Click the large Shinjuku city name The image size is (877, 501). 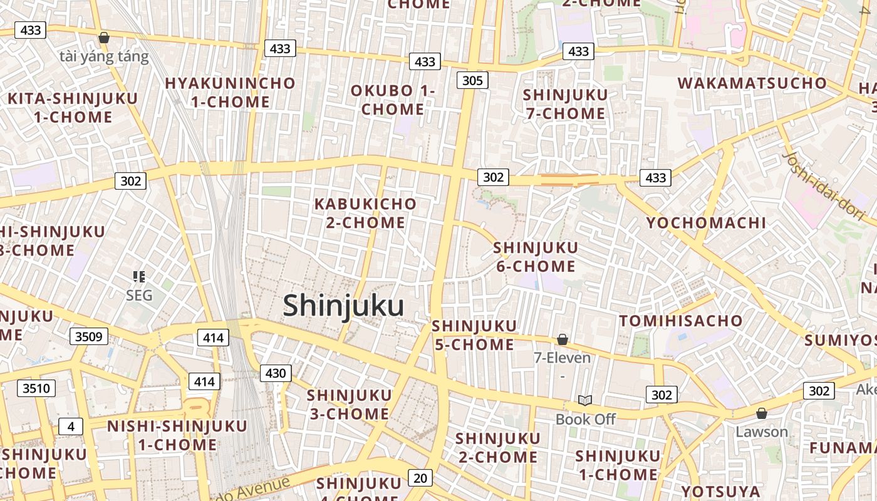[x=343, y=306]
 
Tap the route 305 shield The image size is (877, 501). [x=472, y=80]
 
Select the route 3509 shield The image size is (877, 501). [x=88, y=336]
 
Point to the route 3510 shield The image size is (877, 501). [x=36, y=388]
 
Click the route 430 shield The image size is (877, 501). [x=275, y=374]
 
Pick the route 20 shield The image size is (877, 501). [x=420, y=478]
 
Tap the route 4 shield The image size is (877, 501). [x=71, y=427]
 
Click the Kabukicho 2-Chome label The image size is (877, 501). [x=366, y=213]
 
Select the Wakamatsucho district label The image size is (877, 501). [x=752, y=83]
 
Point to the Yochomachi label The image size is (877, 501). [x=706, y=223]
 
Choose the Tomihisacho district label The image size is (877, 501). [x=681, y=321]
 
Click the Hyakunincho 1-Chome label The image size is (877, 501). [x=230, y=92]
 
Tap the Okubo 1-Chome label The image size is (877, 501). [x=393, y=100]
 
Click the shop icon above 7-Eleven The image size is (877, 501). [x=563, y=339]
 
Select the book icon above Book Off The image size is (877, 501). [x=585, y=400]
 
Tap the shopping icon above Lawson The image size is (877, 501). [x=762, y=413]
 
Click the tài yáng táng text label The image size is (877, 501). [x=105, y=57]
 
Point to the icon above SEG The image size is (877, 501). [x=139, y=276]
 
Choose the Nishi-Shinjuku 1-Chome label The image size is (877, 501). [x=177, y=435]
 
